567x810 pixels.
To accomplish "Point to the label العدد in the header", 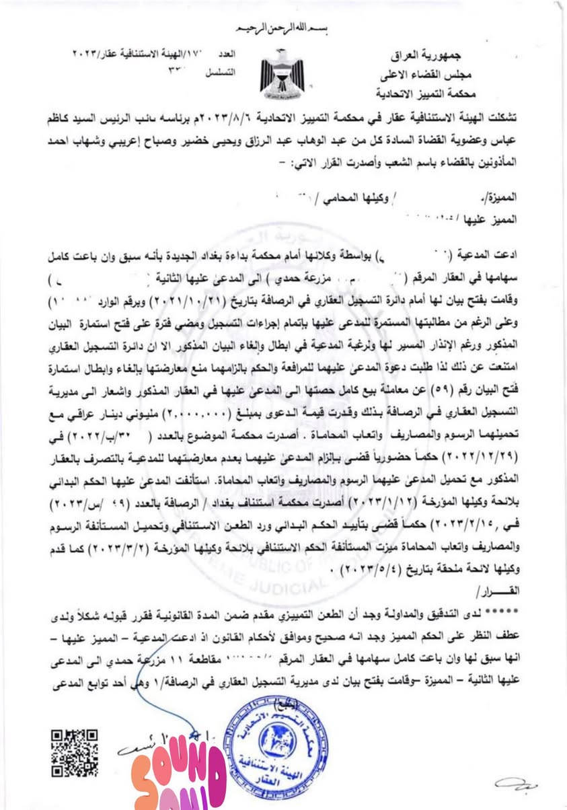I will tap(231, 52).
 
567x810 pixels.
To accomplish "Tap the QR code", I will tap(75, 753).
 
